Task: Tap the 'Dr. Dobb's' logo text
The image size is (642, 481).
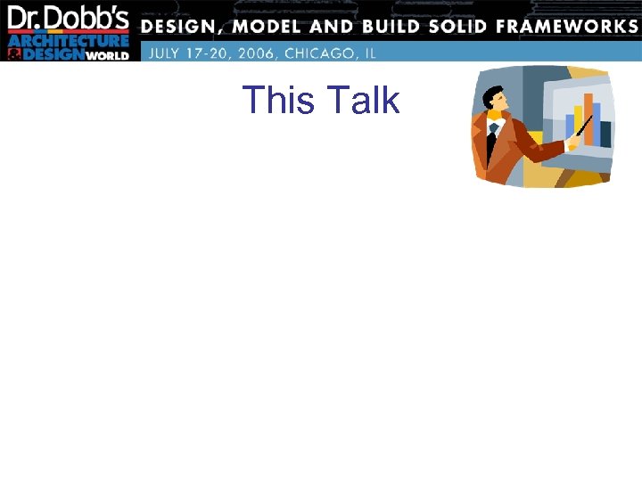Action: coord(69,19)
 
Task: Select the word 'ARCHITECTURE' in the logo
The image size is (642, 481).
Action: coord(70,41)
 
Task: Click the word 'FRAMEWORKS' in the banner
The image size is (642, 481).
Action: coord(568,25)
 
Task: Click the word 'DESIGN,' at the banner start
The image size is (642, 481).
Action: coord(183,25)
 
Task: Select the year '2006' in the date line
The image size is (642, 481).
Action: coord(252,53)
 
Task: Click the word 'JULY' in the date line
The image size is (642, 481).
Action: coord(167,53)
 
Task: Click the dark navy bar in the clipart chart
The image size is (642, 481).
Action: coord(605,134)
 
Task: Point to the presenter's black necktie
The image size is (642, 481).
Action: coord(492,143)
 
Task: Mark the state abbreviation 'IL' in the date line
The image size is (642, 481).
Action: coord(369,53)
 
